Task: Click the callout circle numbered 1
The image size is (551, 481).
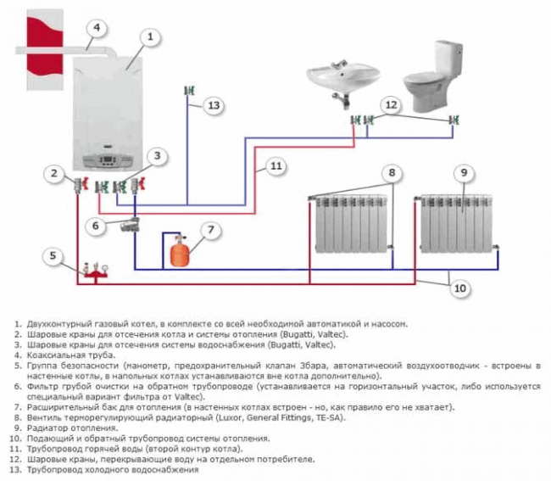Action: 150,36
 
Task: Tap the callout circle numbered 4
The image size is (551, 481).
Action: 97,27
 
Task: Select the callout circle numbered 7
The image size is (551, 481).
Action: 211,230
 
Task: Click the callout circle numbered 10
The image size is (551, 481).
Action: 459,289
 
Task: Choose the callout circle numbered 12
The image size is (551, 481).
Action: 390,105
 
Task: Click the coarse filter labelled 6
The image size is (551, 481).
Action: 130,225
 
